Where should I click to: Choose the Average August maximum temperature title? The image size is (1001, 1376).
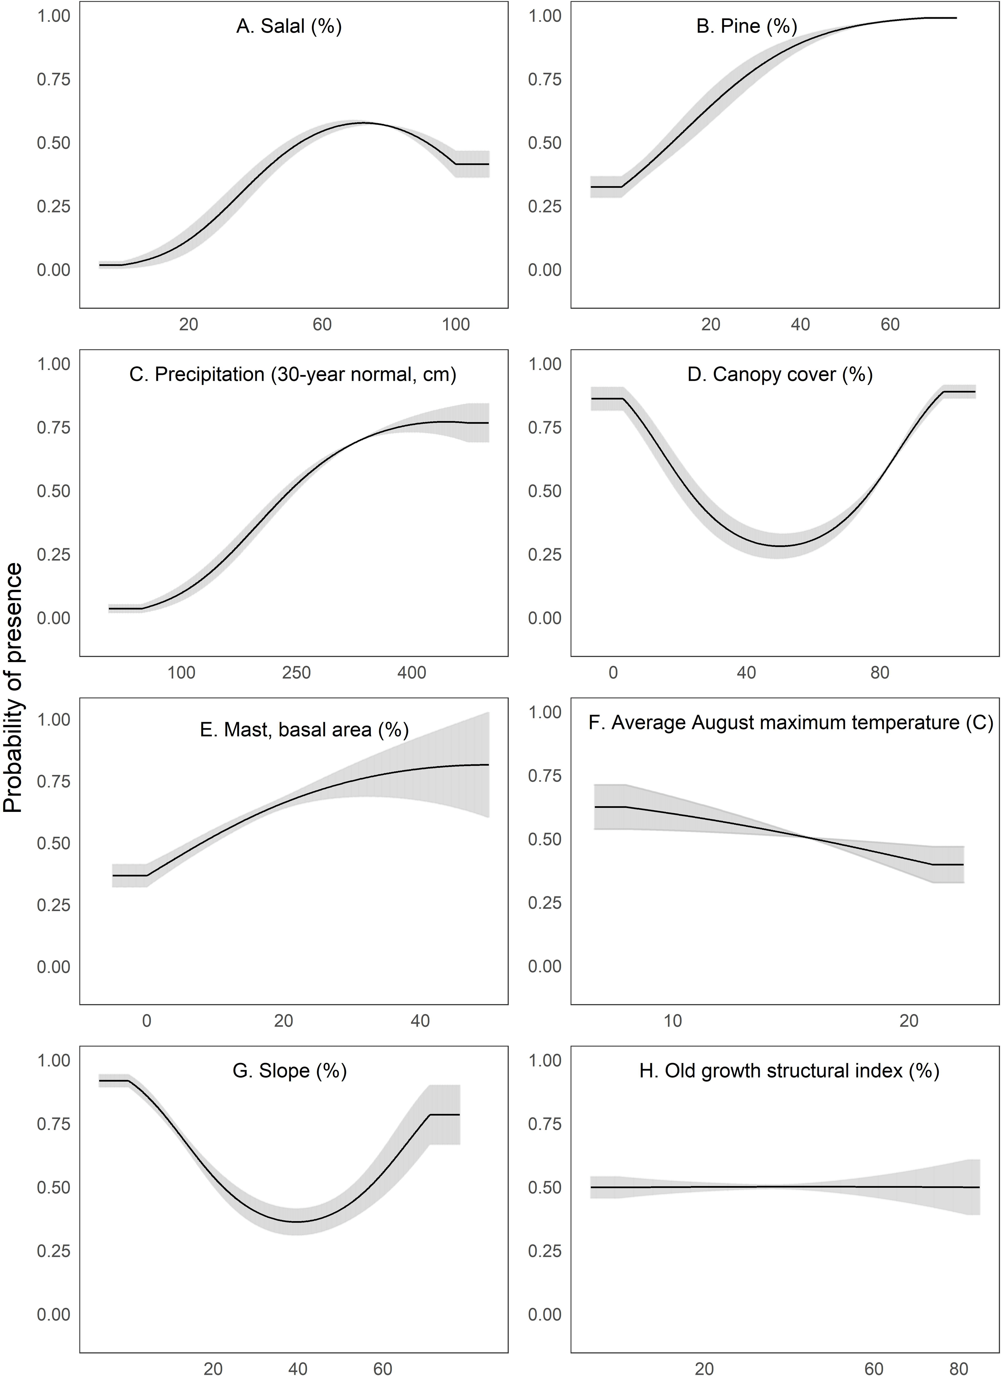790,723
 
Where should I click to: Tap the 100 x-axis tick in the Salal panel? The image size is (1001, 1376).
455,324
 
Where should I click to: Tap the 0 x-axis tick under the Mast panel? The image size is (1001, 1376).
147,1021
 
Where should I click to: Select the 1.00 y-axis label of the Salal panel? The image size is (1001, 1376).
54,16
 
